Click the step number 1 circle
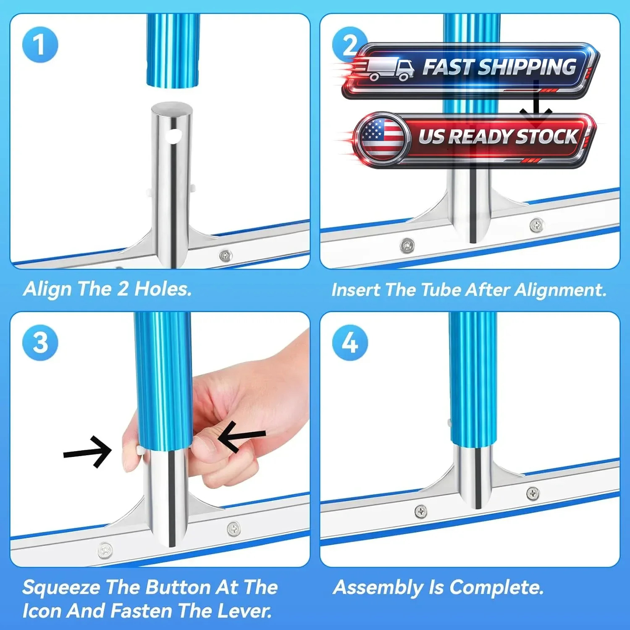pyautogui.click(x=40, y=45)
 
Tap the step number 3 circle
pyautogui.click(x=40, y=342)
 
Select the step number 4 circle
pyautogui.click(x=350, y=342)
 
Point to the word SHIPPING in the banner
pyautogui.click(x=527, y=67)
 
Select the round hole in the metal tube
pyautogui.click(x=173, y=136)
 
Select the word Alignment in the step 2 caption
pyautogui.click(x=561, y=290)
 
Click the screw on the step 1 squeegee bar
pyautogui.click(x=226, y=255)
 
